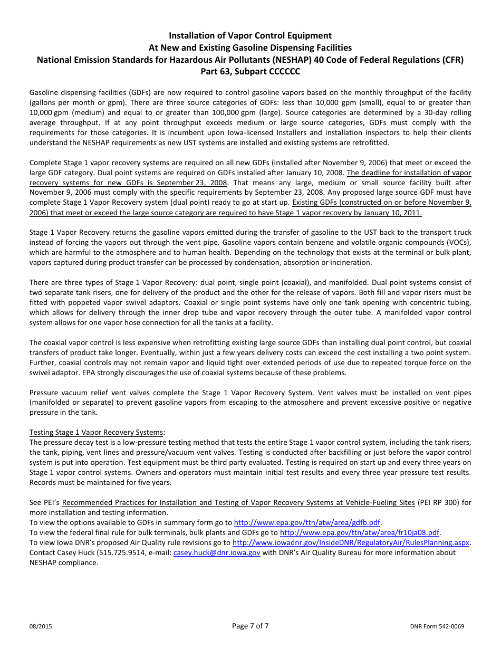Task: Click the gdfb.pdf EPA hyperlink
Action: click(x=307, y=522)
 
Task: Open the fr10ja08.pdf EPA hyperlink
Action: click(x=360, y=532)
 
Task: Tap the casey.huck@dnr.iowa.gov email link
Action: click(x=217, y=552)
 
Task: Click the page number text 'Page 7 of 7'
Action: click(x=250, y=626)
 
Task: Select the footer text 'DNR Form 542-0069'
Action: click(x=437, y=627)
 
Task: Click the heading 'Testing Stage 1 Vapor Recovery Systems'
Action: click(x=97, y=432)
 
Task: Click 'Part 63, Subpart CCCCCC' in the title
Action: click(x=250, y=71)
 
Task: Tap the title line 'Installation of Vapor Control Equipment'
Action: click(x=250, y=36)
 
